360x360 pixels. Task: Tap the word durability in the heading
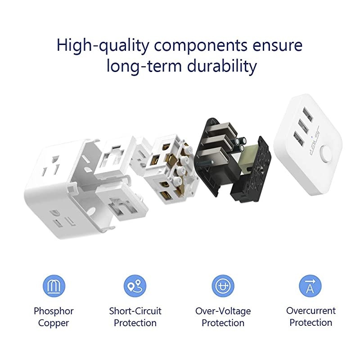click(x=222, y=66)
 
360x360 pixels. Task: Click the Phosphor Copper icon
click(x=54, y=286)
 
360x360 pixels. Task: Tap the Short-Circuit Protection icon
click(x=135, y=286)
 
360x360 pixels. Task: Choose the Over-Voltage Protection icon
click(x=223, y=286)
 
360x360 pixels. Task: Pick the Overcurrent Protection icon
click(x=310, y=286)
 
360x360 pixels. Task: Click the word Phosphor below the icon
click(x=54, y=311)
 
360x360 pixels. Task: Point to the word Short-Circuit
click(x=135, y=311)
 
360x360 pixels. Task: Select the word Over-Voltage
click(x=223, y=311)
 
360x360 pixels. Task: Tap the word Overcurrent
click(x=311, y=311)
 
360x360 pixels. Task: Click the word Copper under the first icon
click(x=54, y=323)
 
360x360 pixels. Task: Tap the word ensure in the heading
click(x=278, y=45)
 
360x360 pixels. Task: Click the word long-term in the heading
click(x=144, y=66)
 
